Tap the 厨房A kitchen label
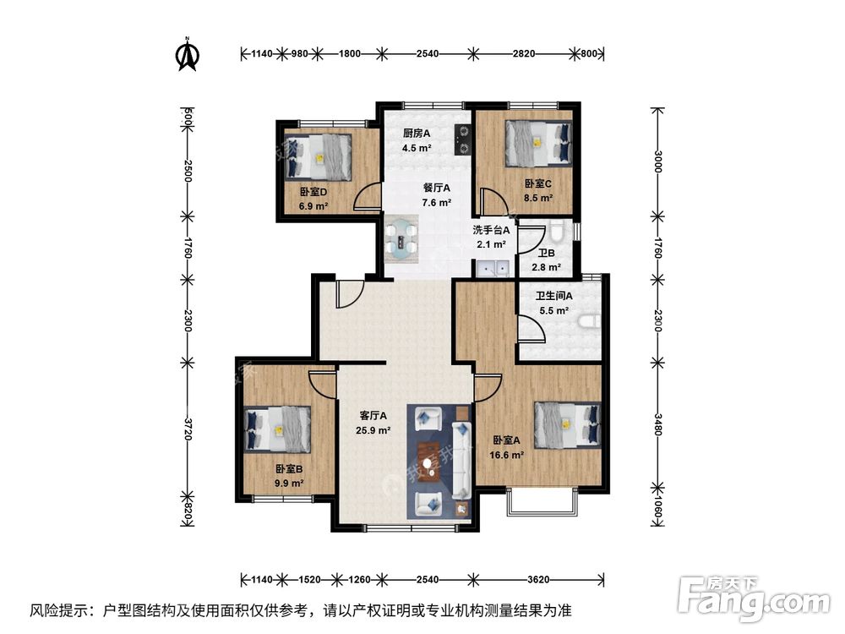pos(417,134)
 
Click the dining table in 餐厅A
pos(402,238)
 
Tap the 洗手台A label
pos(489,230)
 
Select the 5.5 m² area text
pos(553,311)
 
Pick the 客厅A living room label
pos(373,416)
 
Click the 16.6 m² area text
pos(507,454)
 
